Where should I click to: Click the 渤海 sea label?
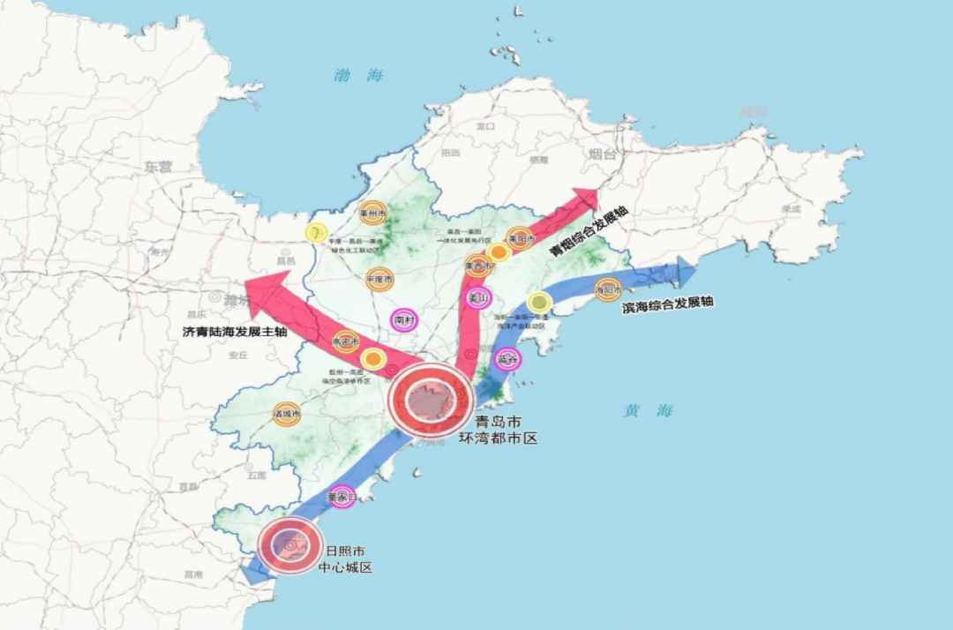pyautogui.click(x=358, y=76)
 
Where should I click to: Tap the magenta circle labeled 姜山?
pyautogui.click(x=477, y=297)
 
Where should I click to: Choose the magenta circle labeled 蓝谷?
pyautogui.click(x=507, y=358)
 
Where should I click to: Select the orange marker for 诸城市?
pyautogui.click(x=287, y=413)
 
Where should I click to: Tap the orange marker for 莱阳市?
pyautogui.click(x=521, y=238)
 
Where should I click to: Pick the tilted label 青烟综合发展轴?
pyautogui.click(x=589, y=231)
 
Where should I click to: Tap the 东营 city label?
pyautogui.click(x=160, y=166)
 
